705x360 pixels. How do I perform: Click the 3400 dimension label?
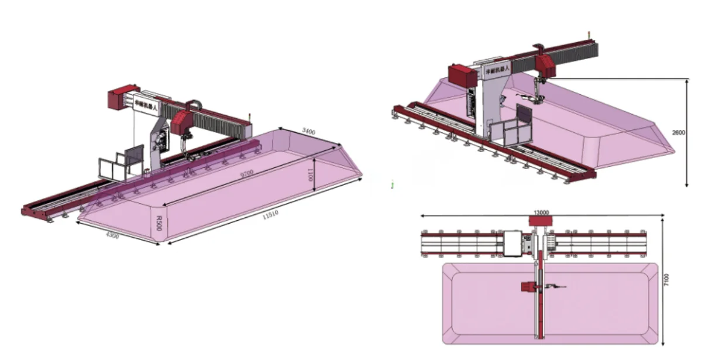[x=308, y=132]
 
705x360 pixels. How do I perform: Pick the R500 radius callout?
[x=159, y=222]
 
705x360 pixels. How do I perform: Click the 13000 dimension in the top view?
[x=541, y=212]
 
